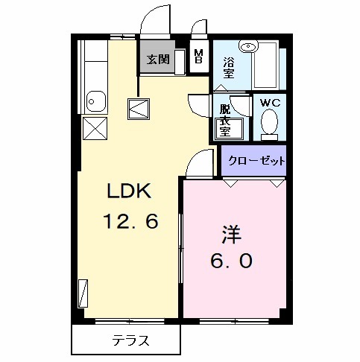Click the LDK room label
(130, 191)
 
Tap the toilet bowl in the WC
(270, 124)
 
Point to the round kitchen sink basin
(95, 98)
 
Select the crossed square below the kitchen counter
(95, 128)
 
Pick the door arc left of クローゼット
(200, 164)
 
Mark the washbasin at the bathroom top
(252, 48)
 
